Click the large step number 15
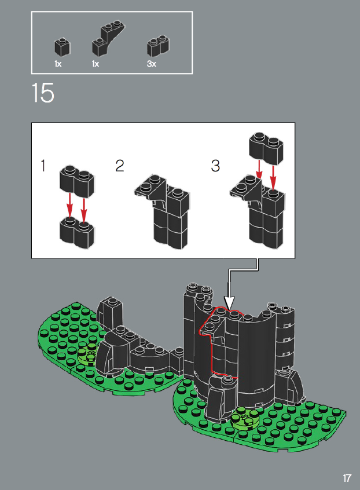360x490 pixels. (x=43, y=93)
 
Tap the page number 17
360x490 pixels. (x=347, y=478)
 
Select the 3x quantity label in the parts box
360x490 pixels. (x=152, y=64)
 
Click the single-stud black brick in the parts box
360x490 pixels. (x=63, y=47)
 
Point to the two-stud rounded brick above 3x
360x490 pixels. (x=159, y=46)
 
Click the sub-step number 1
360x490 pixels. (x=43, y=166)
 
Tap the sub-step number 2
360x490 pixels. (x=120, y=166)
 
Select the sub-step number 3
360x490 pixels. (x=215, y=166)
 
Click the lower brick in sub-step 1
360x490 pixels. (x=77, y=232)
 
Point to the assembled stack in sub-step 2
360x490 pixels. (x=162, y=212)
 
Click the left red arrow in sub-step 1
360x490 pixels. (x=69, y=206)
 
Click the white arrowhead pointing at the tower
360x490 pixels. (x=229, y=303)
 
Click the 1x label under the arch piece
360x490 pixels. (x=95, y=64)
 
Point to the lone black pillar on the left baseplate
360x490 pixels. (x=109, y=313)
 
